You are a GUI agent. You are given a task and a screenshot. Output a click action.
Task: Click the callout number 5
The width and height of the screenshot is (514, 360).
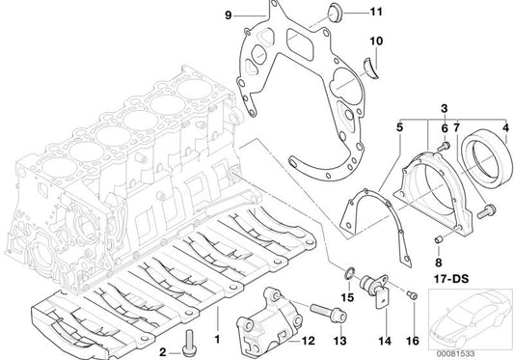tap(398, 126)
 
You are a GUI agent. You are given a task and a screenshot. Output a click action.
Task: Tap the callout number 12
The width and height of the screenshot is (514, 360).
tap(308, 341)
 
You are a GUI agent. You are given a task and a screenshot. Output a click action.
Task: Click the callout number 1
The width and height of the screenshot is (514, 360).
tap(217, 341)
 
